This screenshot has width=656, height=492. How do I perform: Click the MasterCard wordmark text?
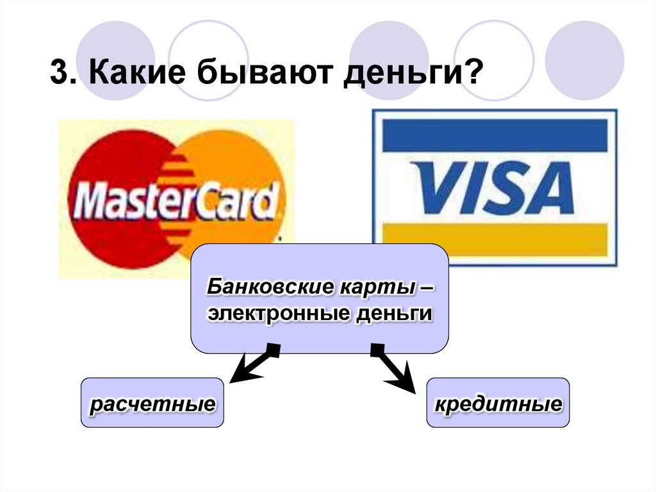176,201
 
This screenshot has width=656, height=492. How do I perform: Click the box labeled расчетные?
152,403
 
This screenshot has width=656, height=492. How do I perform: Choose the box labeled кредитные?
498,403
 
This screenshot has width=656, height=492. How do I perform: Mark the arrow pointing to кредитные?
394,368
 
